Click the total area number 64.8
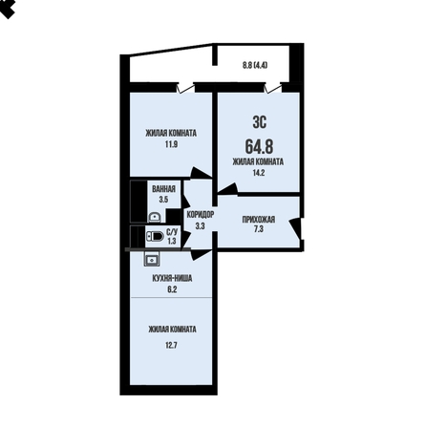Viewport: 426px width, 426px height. point(259,147)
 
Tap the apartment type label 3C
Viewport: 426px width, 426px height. point(260,122)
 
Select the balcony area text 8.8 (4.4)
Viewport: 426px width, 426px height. point(255,65)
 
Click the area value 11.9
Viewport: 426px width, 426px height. point(171,144)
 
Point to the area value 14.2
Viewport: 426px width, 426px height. point(259,173)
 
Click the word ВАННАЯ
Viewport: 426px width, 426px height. point(163,189)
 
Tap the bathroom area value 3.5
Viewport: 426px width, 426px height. point(163,200)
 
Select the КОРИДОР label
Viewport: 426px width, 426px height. point(201,215)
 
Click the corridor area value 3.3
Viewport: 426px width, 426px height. point(200,226)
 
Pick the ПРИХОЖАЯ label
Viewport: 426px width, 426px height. point(259,220)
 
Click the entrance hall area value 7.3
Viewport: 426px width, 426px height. point(259,229)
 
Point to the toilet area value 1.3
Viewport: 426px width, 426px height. point(172,241)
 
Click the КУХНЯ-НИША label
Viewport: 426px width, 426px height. point(172,279)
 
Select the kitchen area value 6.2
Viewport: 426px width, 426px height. point(172,289)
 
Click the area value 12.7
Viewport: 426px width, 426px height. point(171,345)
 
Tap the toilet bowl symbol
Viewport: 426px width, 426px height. point(155,236)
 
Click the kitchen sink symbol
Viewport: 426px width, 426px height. point(152,259)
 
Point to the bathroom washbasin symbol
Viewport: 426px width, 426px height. point(155,217)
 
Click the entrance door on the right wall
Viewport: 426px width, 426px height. point(295,228)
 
